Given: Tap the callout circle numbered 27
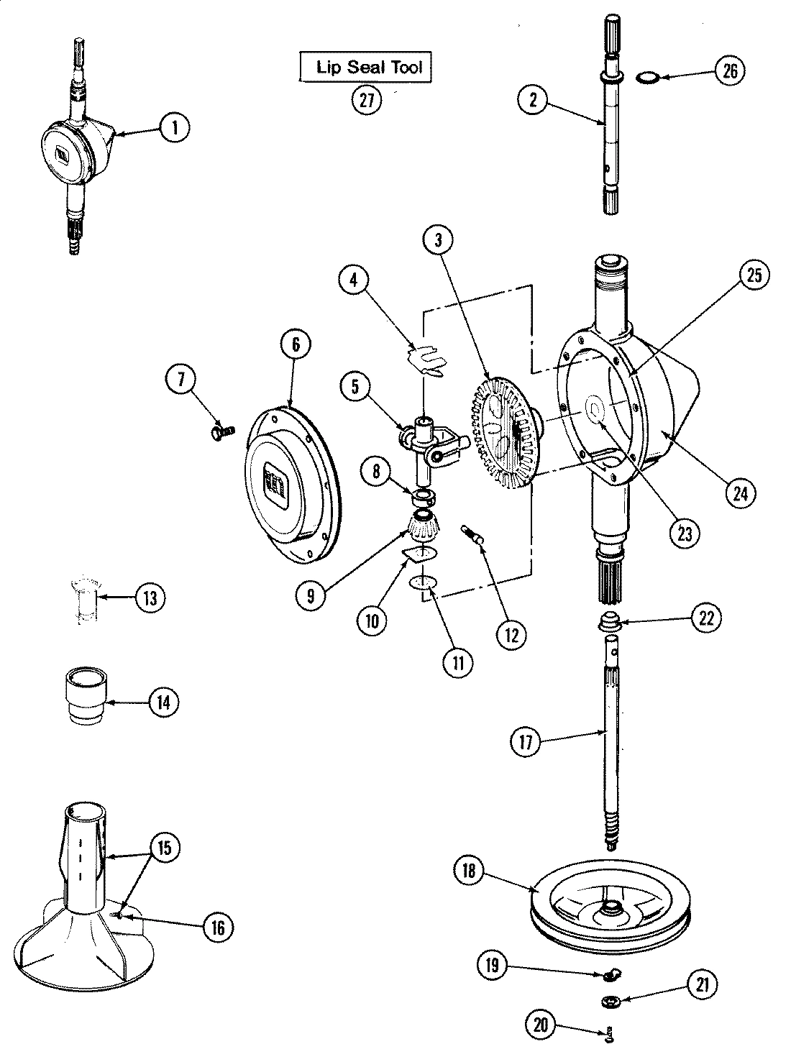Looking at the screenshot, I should click(367, 100).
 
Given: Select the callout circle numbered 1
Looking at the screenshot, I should click(174, 128).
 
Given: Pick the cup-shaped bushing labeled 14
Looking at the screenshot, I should click(86, 696).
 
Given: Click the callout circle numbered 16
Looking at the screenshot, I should click(218, 928).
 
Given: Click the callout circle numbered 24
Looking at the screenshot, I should click(741, 493).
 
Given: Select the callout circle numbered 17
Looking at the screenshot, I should click(526, 741).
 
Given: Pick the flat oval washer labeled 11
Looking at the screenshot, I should click(423, 582).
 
